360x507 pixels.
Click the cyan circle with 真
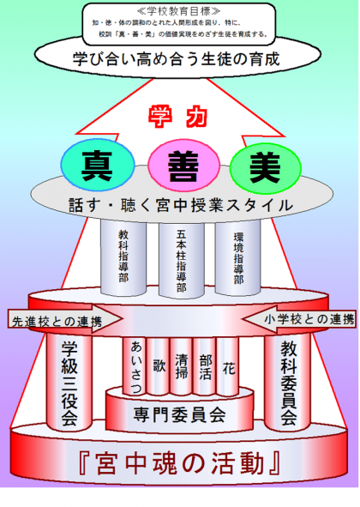(x=98, y=166)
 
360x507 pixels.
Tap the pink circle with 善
(x=183, y=166)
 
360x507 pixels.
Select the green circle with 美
(x=266, y=168)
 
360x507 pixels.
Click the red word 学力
(x=178, y=117)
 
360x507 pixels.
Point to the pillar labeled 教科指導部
(x=123, y=257)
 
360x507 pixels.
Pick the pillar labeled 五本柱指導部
(x=182, y=259)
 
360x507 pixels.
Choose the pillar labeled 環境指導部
(x=237, y=257)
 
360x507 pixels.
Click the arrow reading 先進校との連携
(x=65, y=319)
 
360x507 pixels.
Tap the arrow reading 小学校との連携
(x=299, y=319)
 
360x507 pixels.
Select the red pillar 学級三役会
(x=69, y=382)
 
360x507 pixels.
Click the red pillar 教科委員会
(x=288, y=382)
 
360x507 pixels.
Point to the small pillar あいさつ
(x=134, y=366)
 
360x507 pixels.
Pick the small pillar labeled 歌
(x=158, y=366)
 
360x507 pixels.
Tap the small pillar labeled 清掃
(x=182, y=366)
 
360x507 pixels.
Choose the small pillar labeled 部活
(x=205, y=366)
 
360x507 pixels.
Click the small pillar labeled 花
(x=228, y=366)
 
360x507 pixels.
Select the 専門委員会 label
(x=179, y=414)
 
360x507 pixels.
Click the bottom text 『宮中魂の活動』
(x=179, y=463)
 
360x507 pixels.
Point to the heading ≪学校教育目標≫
(x=178, y=11)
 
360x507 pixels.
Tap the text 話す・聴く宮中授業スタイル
(x=181, y=206)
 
